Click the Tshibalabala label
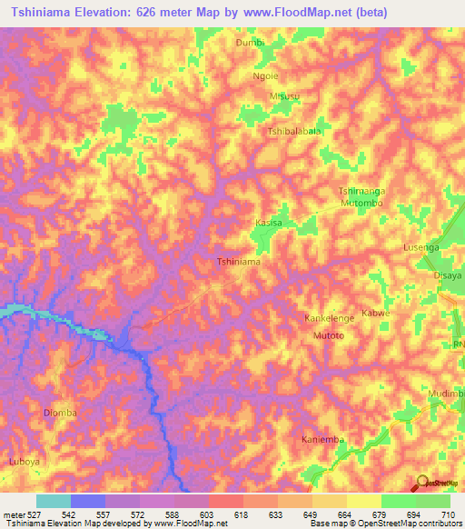point(294,131)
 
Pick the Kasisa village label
point(269,223)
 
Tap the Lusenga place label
point(420,247)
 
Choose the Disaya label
point(448,274)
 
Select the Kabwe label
point(376,314)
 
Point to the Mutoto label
point(329,335)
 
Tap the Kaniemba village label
point(323,440)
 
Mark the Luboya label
point(25,462)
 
